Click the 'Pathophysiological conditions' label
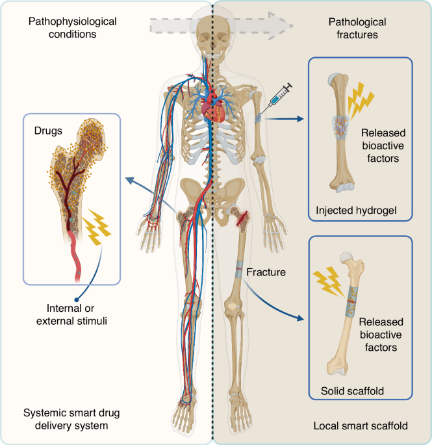pos(72,27)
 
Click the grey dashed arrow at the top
pos(215,24)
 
